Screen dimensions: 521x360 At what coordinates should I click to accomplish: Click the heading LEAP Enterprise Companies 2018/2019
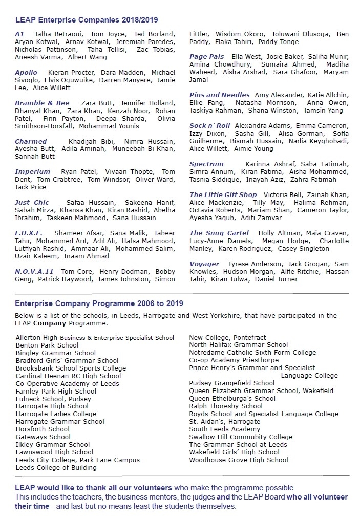click(87, 20)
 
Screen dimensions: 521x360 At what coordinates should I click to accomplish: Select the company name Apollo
click(26, 73)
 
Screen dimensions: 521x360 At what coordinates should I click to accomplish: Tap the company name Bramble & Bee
click(42, 103)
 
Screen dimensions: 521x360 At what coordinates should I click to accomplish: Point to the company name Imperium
click(33, 172)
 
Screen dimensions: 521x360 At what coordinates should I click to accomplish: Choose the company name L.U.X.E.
click(29, 233)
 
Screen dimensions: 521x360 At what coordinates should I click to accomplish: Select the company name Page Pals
click(207, 57)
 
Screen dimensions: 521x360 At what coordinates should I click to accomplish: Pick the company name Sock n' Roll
click(210, 126)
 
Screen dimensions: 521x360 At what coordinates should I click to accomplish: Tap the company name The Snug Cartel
click(219, 233)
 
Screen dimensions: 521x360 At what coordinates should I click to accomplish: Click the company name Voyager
click(204, 264)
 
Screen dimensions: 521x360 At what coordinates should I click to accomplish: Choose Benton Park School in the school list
click(47, 345)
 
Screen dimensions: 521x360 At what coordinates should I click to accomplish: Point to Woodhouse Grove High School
click(239, 460)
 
